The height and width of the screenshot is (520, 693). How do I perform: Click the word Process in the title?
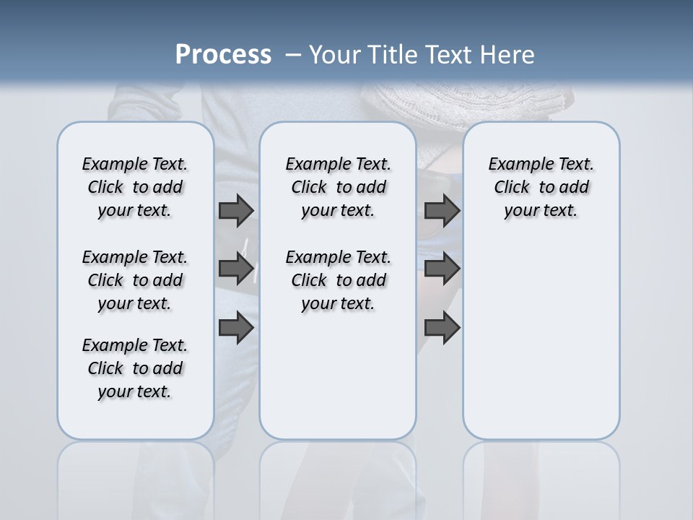point(223,55)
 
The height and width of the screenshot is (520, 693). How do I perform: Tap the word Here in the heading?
point(507,55)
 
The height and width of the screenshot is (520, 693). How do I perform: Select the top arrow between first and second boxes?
point(235,210)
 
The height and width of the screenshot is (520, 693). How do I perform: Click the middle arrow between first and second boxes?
point(235,269)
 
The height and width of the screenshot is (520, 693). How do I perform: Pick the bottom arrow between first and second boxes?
point(235,328)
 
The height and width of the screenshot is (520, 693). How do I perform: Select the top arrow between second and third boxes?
point(442,210)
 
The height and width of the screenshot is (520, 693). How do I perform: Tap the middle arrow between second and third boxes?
point(442,269)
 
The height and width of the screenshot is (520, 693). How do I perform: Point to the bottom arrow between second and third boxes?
point(442,328)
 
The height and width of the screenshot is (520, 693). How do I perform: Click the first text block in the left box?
point(135,187)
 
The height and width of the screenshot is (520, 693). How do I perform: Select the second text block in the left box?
point(135,280)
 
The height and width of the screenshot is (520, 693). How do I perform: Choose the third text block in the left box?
point(135,368)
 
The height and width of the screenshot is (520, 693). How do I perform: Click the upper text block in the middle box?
point(338,187)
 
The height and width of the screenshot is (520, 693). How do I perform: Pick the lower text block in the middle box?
point(338,280)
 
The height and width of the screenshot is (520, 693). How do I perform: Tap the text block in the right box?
point(541,187)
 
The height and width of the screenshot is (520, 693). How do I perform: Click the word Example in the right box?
point(514,165)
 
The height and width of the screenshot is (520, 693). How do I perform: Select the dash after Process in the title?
point(293,55)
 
